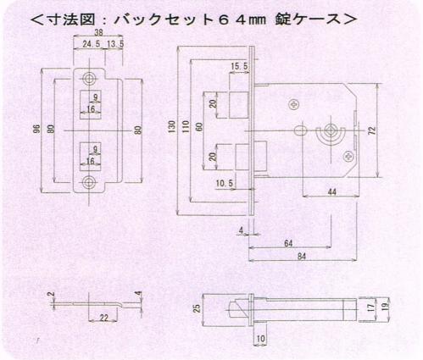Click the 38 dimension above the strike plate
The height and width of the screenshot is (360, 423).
click(x=98, y=33)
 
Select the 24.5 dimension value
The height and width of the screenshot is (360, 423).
click(x=92, y=44)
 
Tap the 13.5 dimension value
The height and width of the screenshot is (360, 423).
click(x=115, y=44)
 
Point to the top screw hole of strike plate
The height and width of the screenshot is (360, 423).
click(x=89, y=78)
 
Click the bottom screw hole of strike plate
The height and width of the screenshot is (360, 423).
click(x=89, y=182)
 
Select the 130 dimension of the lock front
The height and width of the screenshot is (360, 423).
click(x=171, y=126)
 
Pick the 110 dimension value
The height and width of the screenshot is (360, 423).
click(x=186, y=126)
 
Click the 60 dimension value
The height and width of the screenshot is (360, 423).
click(x=199, y=126)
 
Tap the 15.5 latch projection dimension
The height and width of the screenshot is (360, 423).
click(x=239, y=66)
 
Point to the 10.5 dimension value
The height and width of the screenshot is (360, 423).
click(x=225, y=183)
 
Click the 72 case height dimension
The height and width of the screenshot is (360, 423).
click(x=373, y=130)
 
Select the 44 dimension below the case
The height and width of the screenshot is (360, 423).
click(x=332, y=192)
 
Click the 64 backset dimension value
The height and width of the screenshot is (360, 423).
click(x=288, y=243)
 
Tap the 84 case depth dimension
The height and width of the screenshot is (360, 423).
click(x=302, y=257)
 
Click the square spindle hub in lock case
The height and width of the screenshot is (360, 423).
click(x=330, y=130)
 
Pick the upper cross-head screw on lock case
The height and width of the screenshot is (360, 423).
click(x=293, y=105)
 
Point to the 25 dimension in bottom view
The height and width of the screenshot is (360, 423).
click(x=198, y=307)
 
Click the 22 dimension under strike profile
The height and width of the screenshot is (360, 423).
click(x=103, y=318)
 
